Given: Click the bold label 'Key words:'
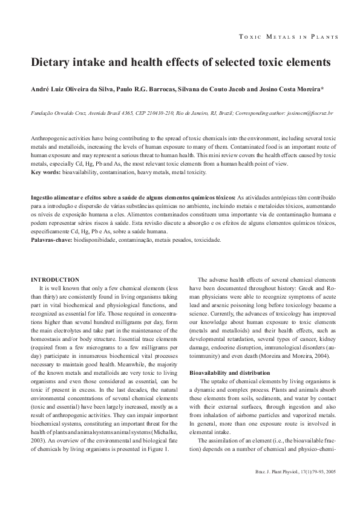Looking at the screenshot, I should point(45,173).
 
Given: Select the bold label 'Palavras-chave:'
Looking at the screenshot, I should point(51,240).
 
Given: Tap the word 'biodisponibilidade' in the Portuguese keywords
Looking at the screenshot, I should point(99,240).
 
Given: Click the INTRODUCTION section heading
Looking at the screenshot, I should point(55,279).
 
